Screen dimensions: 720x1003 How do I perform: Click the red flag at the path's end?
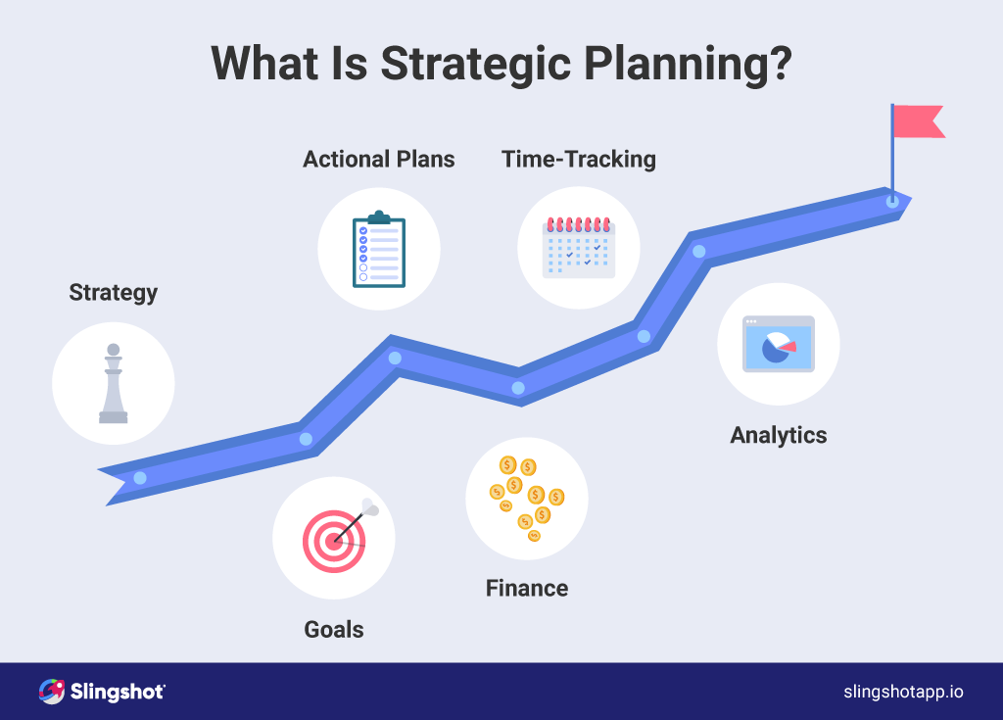pyautogui.click(x=918, y=121)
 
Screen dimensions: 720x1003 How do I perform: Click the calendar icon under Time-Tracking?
pyautogui.click(x=579, y=247)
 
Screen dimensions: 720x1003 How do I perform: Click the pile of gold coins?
pyautogui.click(x=526, y=498)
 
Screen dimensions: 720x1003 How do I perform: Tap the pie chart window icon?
pyautogui.click(x=778, y=344)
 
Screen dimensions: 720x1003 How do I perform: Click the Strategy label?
pyautogui.click(x=114, y=293)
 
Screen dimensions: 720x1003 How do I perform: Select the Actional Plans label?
pyautogui.click(x=379, y=160)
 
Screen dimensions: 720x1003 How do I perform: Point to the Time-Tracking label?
pyautogui.click(x=579, y=160)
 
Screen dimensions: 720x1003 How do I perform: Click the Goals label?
pyautogui.click(x=334, y=629)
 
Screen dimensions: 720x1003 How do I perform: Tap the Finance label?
pyautogui.click(x=527, y=588)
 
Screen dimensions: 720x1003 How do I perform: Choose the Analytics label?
pyautogui.click(x=779, y=435)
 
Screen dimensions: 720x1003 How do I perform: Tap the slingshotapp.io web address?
pyautogui.click(x=903, y=692)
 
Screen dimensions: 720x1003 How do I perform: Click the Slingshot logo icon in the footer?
pyautogui.click(x=52, y=692)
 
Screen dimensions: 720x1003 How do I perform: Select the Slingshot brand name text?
pyautogui.click(x=118, y=692)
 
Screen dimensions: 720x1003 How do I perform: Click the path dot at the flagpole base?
pyautogui.click(x=891, y=201)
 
